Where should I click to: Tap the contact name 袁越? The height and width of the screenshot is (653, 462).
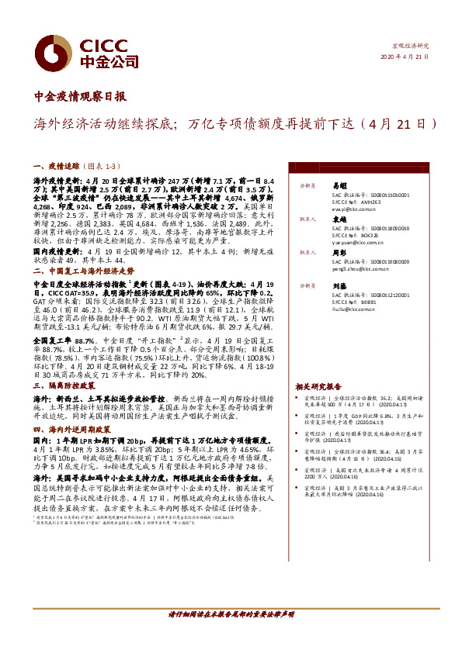tap(339, 219)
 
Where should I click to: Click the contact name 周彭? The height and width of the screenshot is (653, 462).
tap(339, 253)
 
